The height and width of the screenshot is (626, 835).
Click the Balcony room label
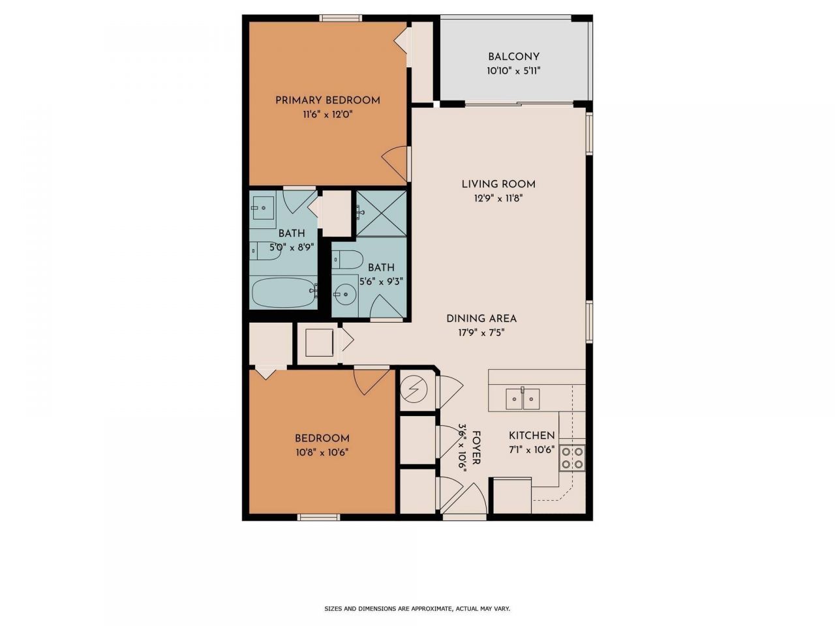point(513,57)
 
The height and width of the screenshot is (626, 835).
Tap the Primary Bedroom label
point(327,100)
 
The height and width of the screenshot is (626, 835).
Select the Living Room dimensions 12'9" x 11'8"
point(498,198)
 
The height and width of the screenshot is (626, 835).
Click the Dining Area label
point(481,318)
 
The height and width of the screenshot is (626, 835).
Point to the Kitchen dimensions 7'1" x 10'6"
point(532,450)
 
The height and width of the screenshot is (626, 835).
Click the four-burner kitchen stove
point(572,458)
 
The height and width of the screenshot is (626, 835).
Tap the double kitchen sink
point(523,398)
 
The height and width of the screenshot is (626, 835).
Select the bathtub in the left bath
point(284,292)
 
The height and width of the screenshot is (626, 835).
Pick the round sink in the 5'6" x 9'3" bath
point(345,294)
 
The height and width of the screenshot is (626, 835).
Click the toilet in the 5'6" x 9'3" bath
point(348,260)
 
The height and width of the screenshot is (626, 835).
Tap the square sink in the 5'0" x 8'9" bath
point(263,208)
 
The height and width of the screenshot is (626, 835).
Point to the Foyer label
point(476,447)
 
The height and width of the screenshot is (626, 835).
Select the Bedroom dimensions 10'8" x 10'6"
point(322,453)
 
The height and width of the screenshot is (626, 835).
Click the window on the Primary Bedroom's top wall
point(341,18)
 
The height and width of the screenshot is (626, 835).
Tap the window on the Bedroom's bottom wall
point(318,517)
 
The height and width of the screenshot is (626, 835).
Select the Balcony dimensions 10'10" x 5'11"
point(513,71)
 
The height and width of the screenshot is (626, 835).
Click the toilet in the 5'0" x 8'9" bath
point(265,250)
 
